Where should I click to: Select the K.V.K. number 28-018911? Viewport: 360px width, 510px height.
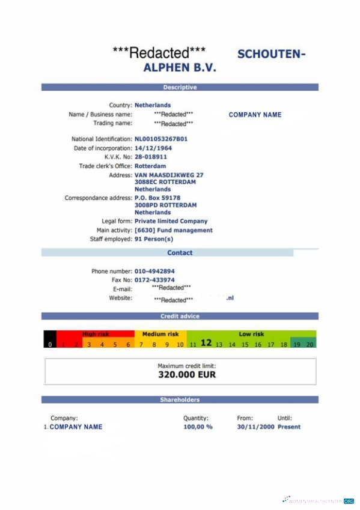150,157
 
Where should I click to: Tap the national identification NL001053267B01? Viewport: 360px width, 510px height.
160,139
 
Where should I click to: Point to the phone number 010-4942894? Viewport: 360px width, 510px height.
154,272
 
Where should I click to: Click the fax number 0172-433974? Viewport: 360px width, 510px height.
154,280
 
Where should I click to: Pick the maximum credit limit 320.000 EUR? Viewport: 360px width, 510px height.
186,375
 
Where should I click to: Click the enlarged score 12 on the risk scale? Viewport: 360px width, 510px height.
206,343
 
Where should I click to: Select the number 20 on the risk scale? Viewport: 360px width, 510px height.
310,345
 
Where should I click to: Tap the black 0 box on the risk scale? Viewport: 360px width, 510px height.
50,345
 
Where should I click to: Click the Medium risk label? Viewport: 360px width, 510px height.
160,334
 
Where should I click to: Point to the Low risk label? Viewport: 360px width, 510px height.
251,334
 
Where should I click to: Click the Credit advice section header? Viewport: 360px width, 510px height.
180,316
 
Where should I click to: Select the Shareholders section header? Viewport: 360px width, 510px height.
180,399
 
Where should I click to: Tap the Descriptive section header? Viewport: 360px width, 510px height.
180,88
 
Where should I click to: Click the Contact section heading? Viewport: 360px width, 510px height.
180,253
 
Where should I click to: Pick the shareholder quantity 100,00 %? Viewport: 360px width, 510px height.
198,427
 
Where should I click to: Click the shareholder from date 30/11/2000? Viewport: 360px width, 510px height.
255,427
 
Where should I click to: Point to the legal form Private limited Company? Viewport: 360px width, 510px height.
171,221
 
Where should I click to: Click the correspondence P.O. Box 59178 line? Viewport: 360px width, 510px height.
157,198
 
